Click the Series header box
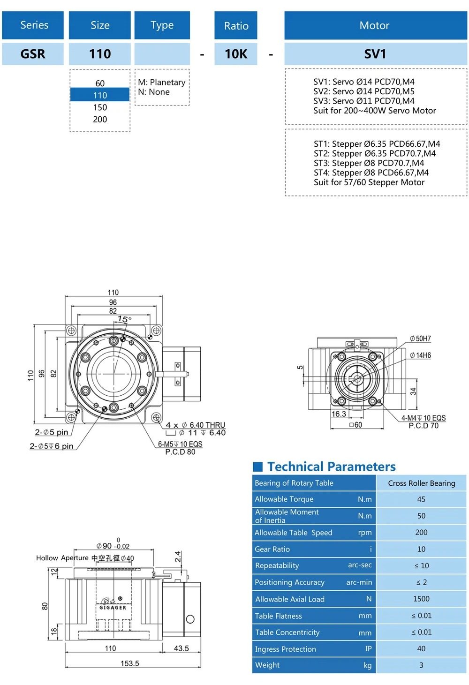coord(33,25)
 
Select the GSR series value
coord(33,54)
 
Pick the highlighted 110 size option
coord(100,95)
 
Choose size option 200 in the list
coord(100,120)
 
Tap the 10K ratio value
coord(236,54)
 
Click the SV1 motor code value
coord(375,54)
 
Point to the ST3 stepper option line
coord(369,163)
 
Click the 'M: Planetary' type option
coord(162,83)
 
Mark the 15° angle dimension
coord(124,319)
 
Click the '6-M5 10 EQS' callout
coord(180,444)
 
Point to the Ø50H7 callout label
coord(421,339)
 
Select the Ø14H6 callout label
coord(421,355)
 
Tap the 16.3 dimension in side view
coord(339,414)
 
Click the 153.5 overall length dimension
coord(130,663)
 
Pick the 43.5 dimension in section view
coord(182,648)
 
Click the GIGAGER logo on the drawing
coord(113,607)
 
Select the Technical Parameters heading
coord(331,467)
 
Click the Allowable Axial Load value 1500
coord(421,599)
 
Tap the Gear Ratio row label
coord(272,549)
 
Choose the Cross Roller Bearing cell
coord(421,483)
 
